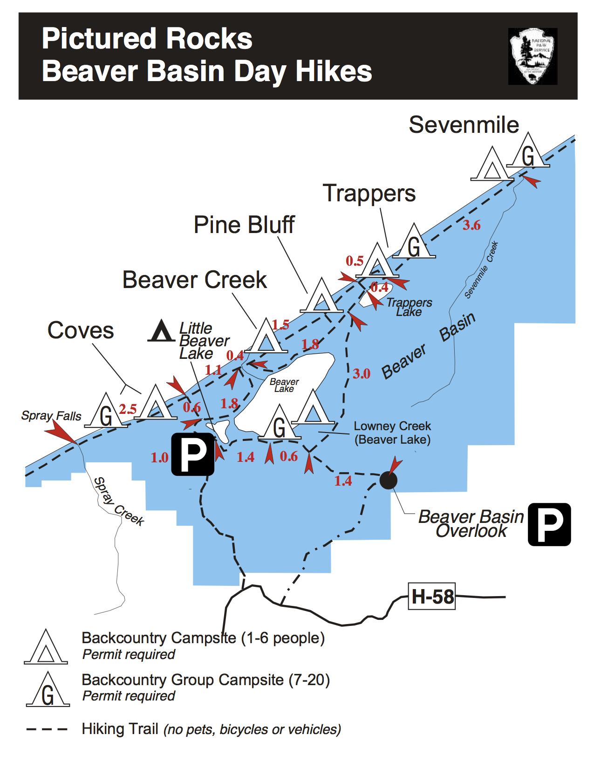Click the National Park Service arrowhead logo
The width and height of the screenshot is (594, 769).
pyautogui.click(x=533, y=56)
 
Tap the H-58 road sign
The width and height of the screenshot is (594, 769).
pyautogui.click(x=432, y=596)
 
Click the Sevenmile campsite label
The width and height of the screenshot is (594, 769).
pyautogui.click(x=464, y=125)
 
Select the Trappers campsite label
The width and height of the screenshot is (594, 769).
pyautogui.click(x=369, y=193)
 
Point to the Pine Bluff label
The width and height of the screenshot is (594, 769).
pyautogui.click(x=244, y=225)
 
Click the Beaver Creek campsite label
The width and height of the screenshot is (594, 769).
pyautogui.click(x=194, y=280)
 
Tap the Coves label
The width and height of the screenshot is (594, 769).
pyautogui.click(x=81, y=330)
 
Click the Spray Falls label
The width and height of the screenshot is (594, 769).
pyautogui.click(x=51, y=416)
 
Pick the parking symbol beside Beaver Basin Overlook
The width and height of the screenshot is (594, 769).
pyautogui.click(x=549, y=524)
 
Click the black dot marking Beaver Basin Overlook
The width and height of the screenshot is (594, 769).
pyautogui.click(x=388, y=480)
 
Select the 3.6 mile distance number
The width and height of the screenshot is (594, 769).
pyautogui.click(x=471, y=226)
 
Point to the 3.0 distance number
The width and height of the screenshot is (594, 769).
pyautogui.click(x=362, y=374)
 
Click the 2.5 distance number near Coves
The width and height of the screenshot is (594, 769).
pyautogui.click(x=128, y=409)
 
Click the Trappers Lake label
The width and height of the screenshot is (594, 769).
pyautogui.click(x=409, y=308)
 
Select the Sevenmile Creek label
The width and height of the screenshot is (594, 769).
pyautogui.click(x=481, y=270)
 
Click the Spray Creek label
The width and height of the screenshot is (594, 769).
pyautogui.click(x=119, y=501)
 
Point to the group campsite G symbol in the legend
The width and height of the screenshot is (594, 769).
pyautogui.click(x=48, y=690)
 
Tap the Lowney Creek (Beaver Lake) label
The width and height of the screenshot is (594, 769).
pyautogui.click(x=392, y=433)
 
